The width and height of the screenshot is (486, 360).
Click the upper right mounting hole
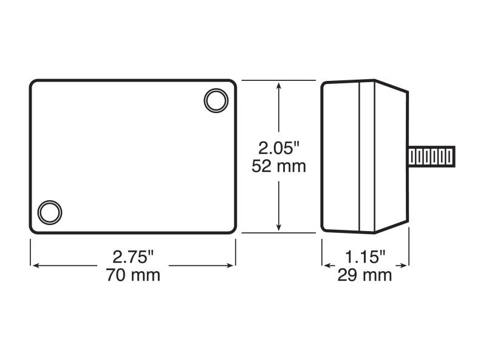pos(216,100)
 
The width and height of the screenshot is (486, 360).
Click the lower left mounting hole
pos(50,213)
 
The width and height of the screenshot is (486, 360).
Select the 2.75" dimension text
pos(133,257)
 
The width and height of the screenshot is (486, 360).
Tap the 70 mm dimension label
pos(133,275)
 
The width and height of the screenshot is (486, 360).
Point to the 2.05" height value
pos(279,148)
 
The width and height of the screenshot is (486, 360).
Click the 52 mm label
pos(279,166)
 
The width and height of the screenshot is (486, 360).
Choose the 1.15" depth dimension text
pos(365,257)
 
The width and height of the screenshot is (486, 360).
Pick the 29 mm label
pos(364,275)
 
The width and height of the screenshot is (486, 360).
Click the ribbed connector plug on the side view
pos(431,157)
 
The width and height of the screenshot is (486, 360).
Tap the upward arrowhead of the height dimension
pos(279,86)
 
